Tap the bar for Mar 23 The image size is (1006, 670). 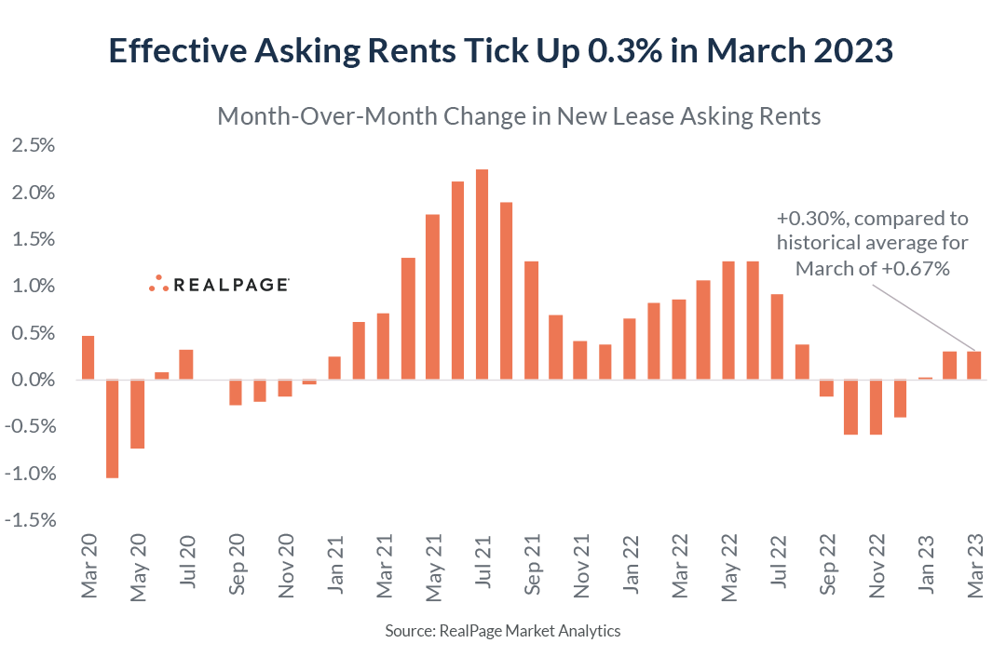974,366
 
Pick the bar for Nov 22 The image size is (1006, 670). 876,407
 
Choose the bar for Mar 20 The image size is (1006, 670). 88,357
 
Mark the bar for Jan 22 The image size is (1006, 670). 630,349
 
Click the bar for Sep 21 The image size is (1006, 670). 531,320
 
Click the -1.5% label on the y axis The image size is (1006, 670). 32,520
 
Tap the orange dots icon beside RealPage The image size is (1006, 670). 158,284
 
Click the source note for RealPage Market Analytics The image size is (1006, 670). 503,631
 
